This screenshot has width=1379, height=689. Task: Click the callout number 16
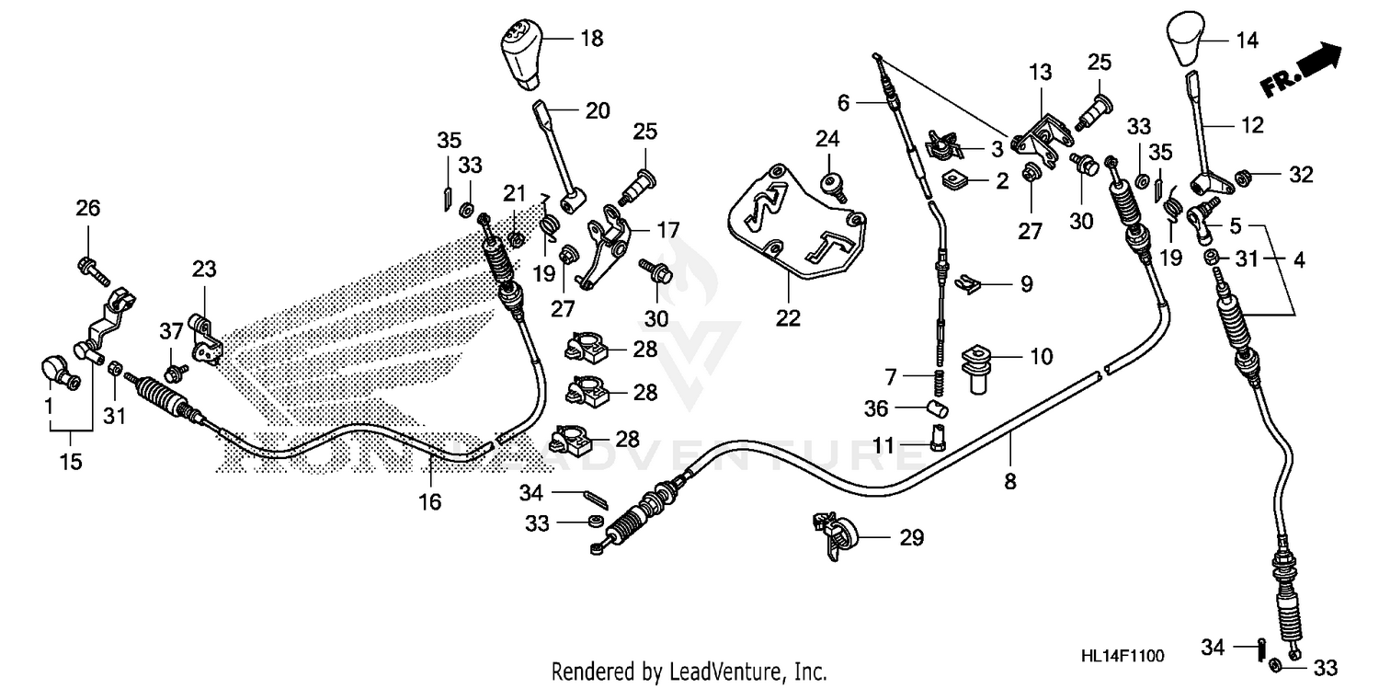430,501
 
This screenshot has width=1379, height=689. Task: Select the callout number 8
1010,480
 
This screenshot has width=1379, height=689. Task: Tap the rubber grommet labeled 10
976,363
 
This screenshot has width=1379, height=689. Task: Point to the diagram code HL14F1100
1122,656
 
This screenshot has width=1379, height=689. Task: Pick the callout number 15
70,462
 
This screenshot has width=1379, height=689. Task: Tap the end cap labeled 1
57,370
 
